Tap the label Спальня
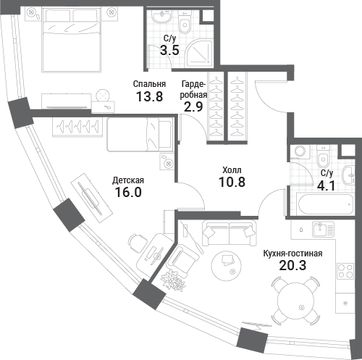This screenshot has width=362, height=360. [x=148, y=83]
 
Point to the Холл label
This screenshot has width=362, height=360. [x=231, y=169]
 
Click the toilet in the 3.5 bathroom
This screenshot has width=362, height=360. [x=185, y=25]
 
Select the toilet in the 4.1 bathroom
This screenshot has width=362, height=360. [x=324, y=157]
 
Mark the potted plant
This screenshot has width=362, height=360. [x=174, y=282]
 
